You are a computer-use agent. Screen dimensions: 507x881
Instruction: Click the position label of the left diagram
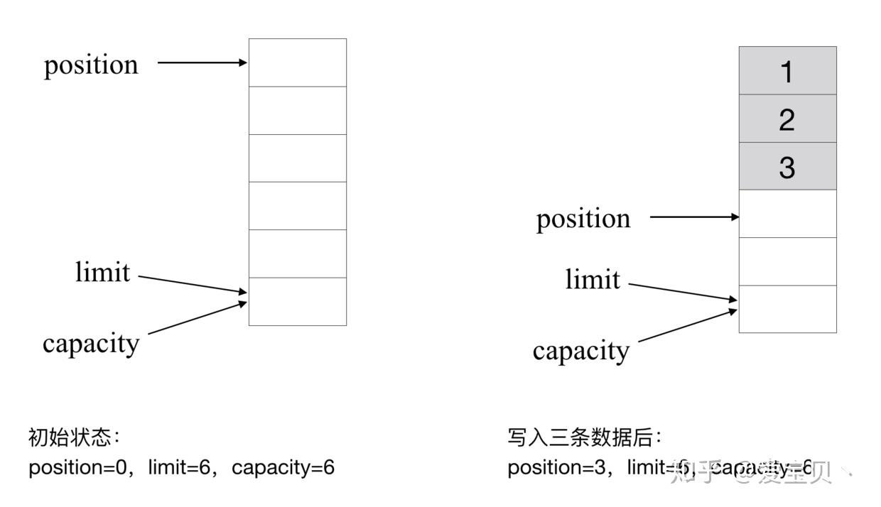point(91,65)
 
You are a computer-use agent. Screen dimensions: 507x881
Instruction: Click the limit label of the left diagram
point(103,272)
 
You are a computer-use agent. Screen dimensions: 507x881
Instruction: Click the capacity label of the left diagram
point(91,343)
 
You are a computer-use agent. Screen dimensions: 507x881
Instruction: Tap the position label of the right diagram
point(583,218)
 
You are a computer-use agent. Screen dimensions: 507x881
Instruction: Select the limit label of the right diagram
point(593,279)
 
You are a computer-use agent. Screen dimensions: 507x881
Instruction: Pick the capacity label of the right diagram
point(580,350)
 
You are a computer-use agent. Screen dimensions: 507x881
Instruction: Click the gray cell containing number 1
point(787,71)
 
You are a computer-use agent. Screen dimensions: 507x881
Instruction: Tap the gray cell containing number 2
point(787,119)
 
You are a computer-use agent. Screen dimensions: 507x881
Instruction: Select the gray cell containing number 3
point(787,166)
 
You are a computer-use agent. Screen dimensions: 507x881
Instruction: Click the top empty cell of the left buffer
point(297,62)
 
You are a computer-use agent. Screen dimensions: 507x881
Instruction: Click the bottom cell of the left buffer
point(297,302)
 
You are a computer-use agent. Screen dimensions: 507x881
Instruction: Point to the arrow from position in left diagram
point(202,62)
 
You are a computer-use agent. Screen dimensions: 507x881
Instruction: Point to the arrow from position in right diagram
point(694,217)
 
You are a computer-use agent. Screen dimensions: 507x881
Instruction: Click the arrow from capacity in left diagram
point(197,317)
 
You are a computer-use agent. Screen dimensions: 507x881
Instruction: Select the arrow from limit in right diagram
point(683,293)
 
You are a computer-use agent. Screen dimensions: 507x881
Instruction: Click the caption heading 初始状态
point(70,437)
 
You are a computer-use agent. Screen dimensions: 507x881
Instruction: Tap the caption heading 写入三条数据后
point(584,437)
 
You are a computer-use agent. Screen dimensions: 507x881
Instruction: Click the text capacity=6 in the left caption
point(283,468)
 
